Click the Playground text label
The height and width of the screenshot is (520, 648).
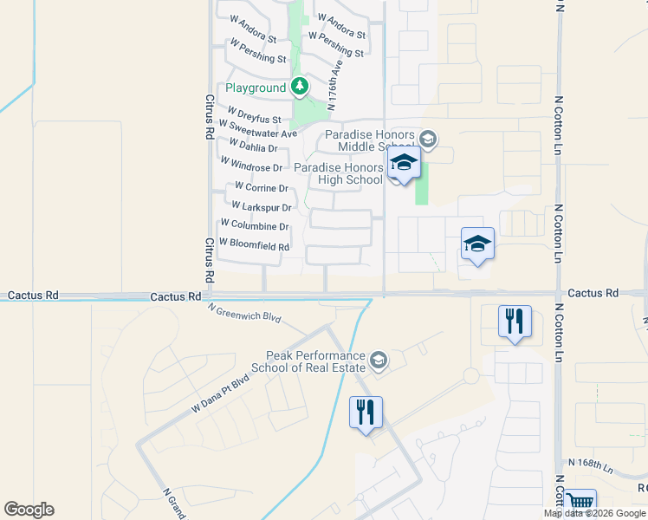(x=256, y=88)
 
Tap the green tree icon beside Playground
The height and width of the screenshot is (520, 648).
(x=300, y=87)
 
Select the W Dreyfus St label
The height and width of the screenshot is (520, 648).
(x=254, y=115)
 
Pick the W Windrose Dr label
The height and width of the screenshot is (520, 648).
(x=251, y=165)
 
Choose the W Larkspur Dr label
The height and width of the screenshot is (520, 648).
(x=261, y=207)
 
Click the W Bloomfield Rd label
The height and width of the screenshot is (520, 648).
(x=254, y=245)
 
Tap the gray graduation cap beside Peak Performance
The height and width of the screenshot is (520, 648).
(x=378, y=360)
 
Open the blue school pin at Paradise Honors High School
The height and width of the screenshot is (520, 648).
(x=404, y=164)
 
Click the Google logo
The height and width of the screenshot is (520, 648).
(x=29, y=510)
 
